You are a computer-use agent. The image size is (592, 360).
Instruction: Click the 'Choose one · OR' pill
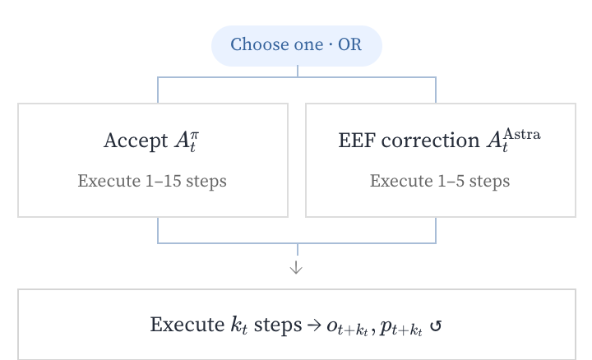[297, 46]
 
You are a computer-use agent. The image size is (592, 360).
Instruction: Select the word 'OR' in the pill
[349, 44]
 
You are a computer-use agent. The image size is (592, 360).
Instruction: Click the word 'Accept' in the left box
[136, 141]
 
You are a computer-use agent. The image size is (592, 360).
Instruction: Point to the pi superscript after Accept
[195, 135]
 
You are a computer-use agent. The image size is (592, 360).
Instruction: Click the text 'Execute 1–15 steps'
[152, 181]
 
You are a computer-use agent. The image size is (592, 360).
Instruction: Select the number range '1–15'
[163, 181]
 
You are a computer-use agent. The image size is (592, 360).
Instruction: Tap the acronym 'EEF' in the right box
[357, 141]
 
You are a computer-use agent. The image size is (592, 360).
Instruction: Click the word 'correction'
[430, 141]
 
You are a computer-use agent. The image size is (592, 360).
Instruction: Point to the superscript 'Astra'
[522, 134]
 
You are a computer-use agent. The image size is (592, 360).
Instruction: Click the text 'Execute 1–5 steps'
[440, 181]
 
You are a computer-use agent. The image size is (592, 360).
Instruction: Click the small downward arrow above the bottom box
[296, 267]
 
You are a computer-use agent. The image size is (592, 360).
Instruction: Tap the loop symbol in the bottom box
[436, 325]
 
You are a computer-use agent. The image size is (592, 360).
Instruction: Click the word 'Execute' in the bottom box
[187, 325]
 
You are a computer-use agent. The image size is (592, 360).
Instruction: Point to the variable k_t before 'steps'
[239, 325]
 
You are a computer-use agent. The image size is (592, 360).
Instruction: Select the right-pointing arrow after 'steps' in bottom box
[314, 325]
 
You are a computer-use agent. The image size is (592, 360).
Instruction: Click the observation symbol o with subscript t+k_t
[347, 328]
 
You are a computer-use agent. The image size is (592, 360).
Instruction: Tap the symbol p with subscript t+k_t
[401, 328]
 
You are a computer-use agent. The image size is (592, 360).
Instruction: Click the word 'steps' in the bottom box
[278, 325]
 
